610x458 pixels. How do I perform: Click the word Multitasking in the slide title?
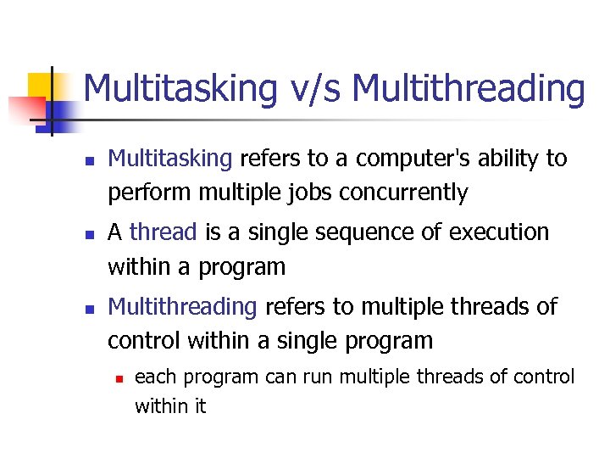coord(180,88)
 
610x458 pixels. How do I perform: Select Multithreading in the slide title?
coord(468,88)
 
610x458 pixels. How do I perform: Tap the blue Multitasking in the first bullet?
coord(170,159)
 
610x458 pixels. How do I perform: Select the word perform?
coord(150,193)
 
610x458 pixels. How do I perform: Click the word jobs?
coord(310,193)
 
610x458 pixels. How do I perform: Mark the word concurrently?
coord(403,193)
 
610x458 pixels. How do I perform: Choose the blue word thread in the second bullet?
coord(163,232)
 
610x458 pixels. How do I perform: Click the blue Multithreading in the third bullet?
coord(183,306)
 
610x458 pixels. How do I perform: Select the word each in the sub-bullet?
coord(152,377)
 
